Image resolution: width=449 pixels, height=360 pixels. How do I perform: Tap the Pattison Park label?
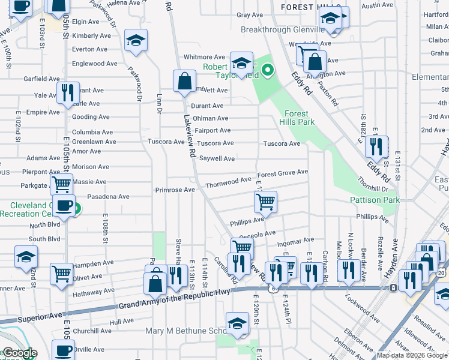tap(375, 200)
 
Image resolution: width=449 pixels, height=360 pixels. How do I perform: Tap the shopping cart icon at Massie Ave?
tap(61, 184)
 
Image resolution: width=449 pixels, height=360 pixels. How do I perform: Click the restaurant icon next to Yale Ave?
tap(67, 92)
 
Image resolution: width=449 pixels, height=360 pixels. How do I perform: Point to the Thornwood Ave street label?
tap(228, 180)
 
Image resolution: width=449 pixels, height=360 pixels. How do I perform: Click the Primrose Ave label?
tap(175, 190)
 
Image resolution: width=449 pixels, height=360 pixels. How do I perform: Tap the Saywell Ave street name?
tap(217, 159)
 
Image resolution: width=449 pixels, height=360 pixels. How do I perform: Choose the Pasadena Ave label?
tap(108, 196)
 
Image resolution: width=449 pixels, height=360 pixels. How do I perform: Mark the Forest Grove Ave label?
tap(283, 172)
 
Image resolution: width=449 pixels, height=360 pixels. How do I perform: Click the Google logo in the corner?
tap(19, 353)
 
